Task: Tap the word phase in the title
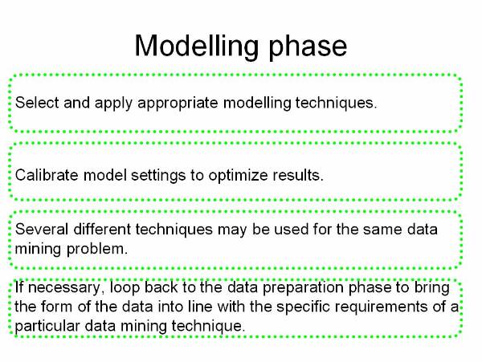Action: (x=308, y=47)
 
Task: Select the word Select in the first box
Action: (x=37, y=103)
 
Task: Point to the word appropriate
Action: (x=178, y=104)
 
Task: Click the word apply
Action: (x=113, y=104)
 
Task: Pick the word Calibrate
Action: (x=47, y=175)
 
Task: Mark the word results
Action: (x=298, y=175)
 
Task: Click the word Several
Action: (x=42, y=230)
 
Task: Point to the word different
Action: (x=102, y=230)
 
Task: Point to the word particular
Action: (x=47, y=327)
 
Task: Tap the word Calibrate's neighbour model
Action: (x=104, y=175)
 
